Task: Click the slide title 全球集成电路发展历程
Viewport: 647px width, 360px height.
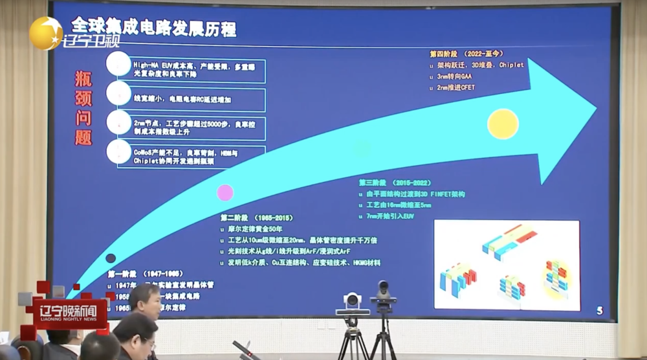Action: pyautogui.click(x=153, y=28)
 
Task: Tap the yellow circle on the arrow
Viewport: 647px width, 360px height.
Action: pyautogui.click(x=503, y=124)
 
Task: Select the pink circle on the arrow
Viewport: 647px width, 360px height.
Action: pyautogui.click(x=225, y=192)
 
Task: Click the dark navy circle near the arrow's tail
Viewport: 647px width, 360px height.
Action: pyautogui.click(x=111, y=258)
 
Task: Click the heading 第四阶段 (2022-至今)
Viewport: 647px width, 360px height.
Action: pyautogui.click(x=466, y=54)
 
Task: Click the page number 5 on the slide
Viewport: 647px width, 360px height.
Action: pyautogui.click(x=600, y=311)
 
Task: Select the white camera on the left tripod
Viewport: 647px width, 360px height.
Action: pyautogui.click(x=353, y=302)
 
